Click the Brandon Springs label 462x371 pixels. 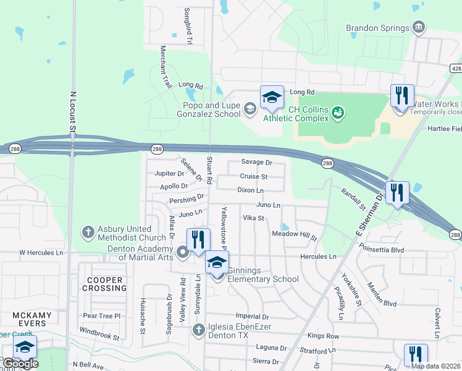377,28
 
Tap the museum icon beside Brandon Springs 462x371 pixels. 419,27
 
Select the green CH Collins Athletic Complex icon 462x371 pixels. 338,113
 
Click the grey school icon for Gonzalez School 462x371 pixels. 250,109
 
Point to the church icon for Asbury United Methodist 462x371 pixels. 88,232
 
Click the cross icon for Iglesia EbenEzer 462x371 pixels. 199,329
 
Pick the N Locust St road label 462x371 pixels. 72,112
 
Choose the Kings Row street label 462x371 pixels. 324,336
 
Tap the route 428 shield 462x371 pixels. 456,69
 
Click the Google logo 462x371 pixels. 20,364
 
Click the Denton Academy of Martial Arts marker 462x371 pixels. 182,252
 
